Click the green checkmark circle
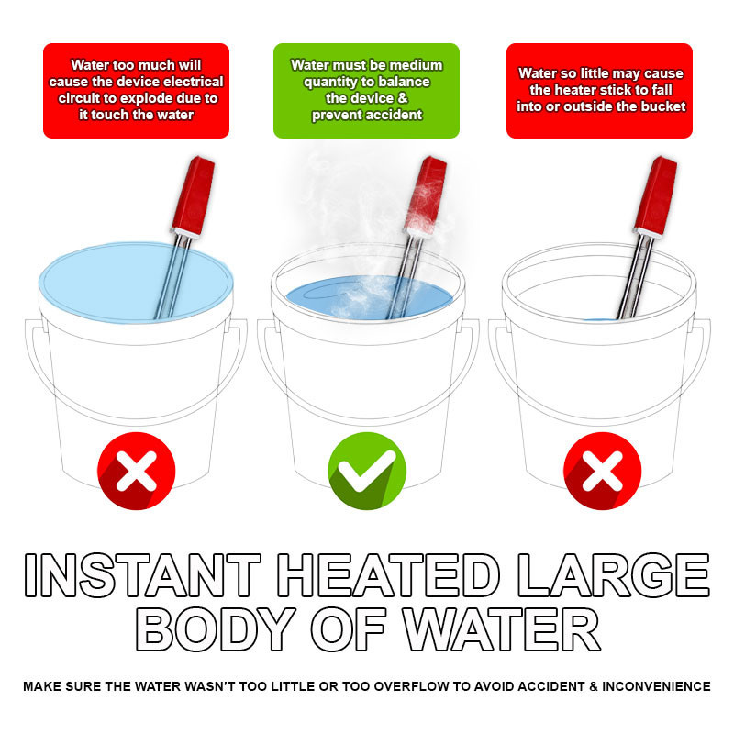point(367,471)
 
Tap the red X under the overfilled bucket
point(136,471)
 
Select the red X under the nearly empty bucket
point(602,471)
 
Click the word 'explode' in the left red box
point(157,98)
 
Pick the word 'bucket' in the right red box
point(662,106)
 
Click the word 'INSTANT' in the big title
point(143,575)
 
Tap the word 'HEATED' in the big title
point(387,575)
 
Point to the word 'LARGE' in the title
point(612,575)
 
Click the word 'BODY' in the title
point(216,629)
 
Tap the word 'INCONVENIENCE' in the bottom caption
point(656,686)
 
